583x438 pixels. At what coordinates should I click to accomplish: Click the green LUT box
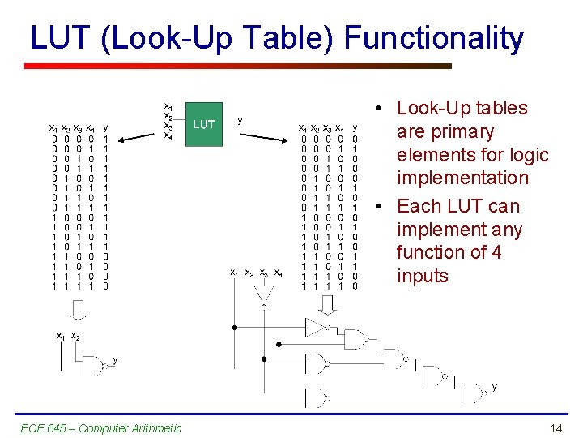204,124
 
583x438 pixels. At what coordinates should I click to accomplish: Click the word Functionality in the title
434,38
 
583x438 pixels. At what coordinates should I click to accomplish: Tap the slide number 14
555,427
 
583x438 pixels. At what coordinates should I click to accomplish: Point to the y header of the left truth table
106,127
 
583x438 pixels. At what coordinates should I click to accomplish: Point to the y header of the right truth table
355,127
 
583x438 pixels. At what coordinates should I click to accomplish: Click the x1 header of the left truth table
53,128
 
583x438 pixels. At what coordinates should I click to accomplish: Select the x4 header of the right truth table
339,128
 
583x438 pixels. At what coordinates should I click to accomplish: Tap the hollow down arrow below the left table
78,309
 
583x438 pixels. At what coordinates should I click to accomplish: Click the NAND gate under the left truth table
97,367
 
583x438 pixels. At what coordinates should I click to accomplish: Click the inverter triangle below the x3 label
265,296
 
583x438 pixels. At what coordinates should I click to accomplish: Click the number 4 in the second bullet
496,252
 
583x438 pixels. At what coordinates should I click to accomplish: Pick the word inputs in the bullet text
422,276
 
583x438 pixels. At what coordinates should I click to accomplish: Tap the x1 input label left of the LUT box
168,106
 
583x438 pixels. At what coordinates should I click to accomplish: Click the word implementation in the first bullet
462,178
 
